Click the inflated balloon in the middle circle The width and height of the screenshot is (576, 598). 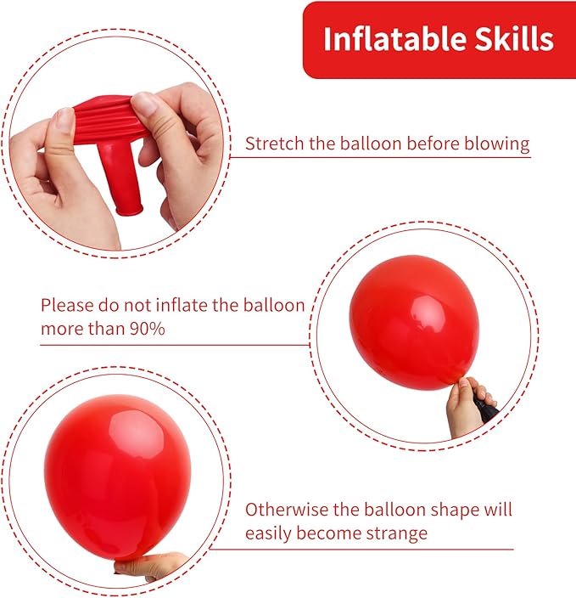[414, 321]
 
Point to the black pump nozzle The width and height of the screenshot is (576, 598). [486, 409]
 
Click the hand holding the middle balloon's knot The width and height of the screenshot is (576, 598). [465, 406]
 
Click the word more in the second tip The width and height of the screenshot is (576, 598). [62, 328]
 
